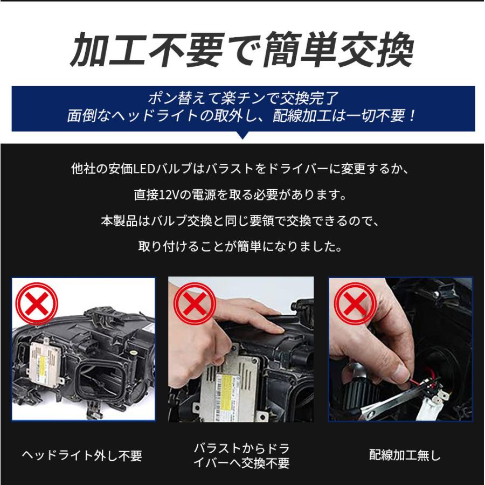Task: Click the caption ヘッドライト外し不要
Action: click(82, 456)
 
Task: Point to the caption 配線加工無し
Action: click(405, 456)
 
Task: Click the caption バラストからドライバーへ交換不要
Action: click(241, 456)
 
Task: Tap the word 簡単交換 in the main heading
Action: click(339, 50)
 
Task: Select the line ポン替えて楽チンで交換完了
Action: click(242, 99)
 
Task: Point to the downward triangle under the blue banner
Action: click(243, 135)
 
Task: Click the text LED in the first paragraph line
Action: click(145, 169)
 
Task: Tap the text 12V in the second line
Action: click(167, 195)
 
